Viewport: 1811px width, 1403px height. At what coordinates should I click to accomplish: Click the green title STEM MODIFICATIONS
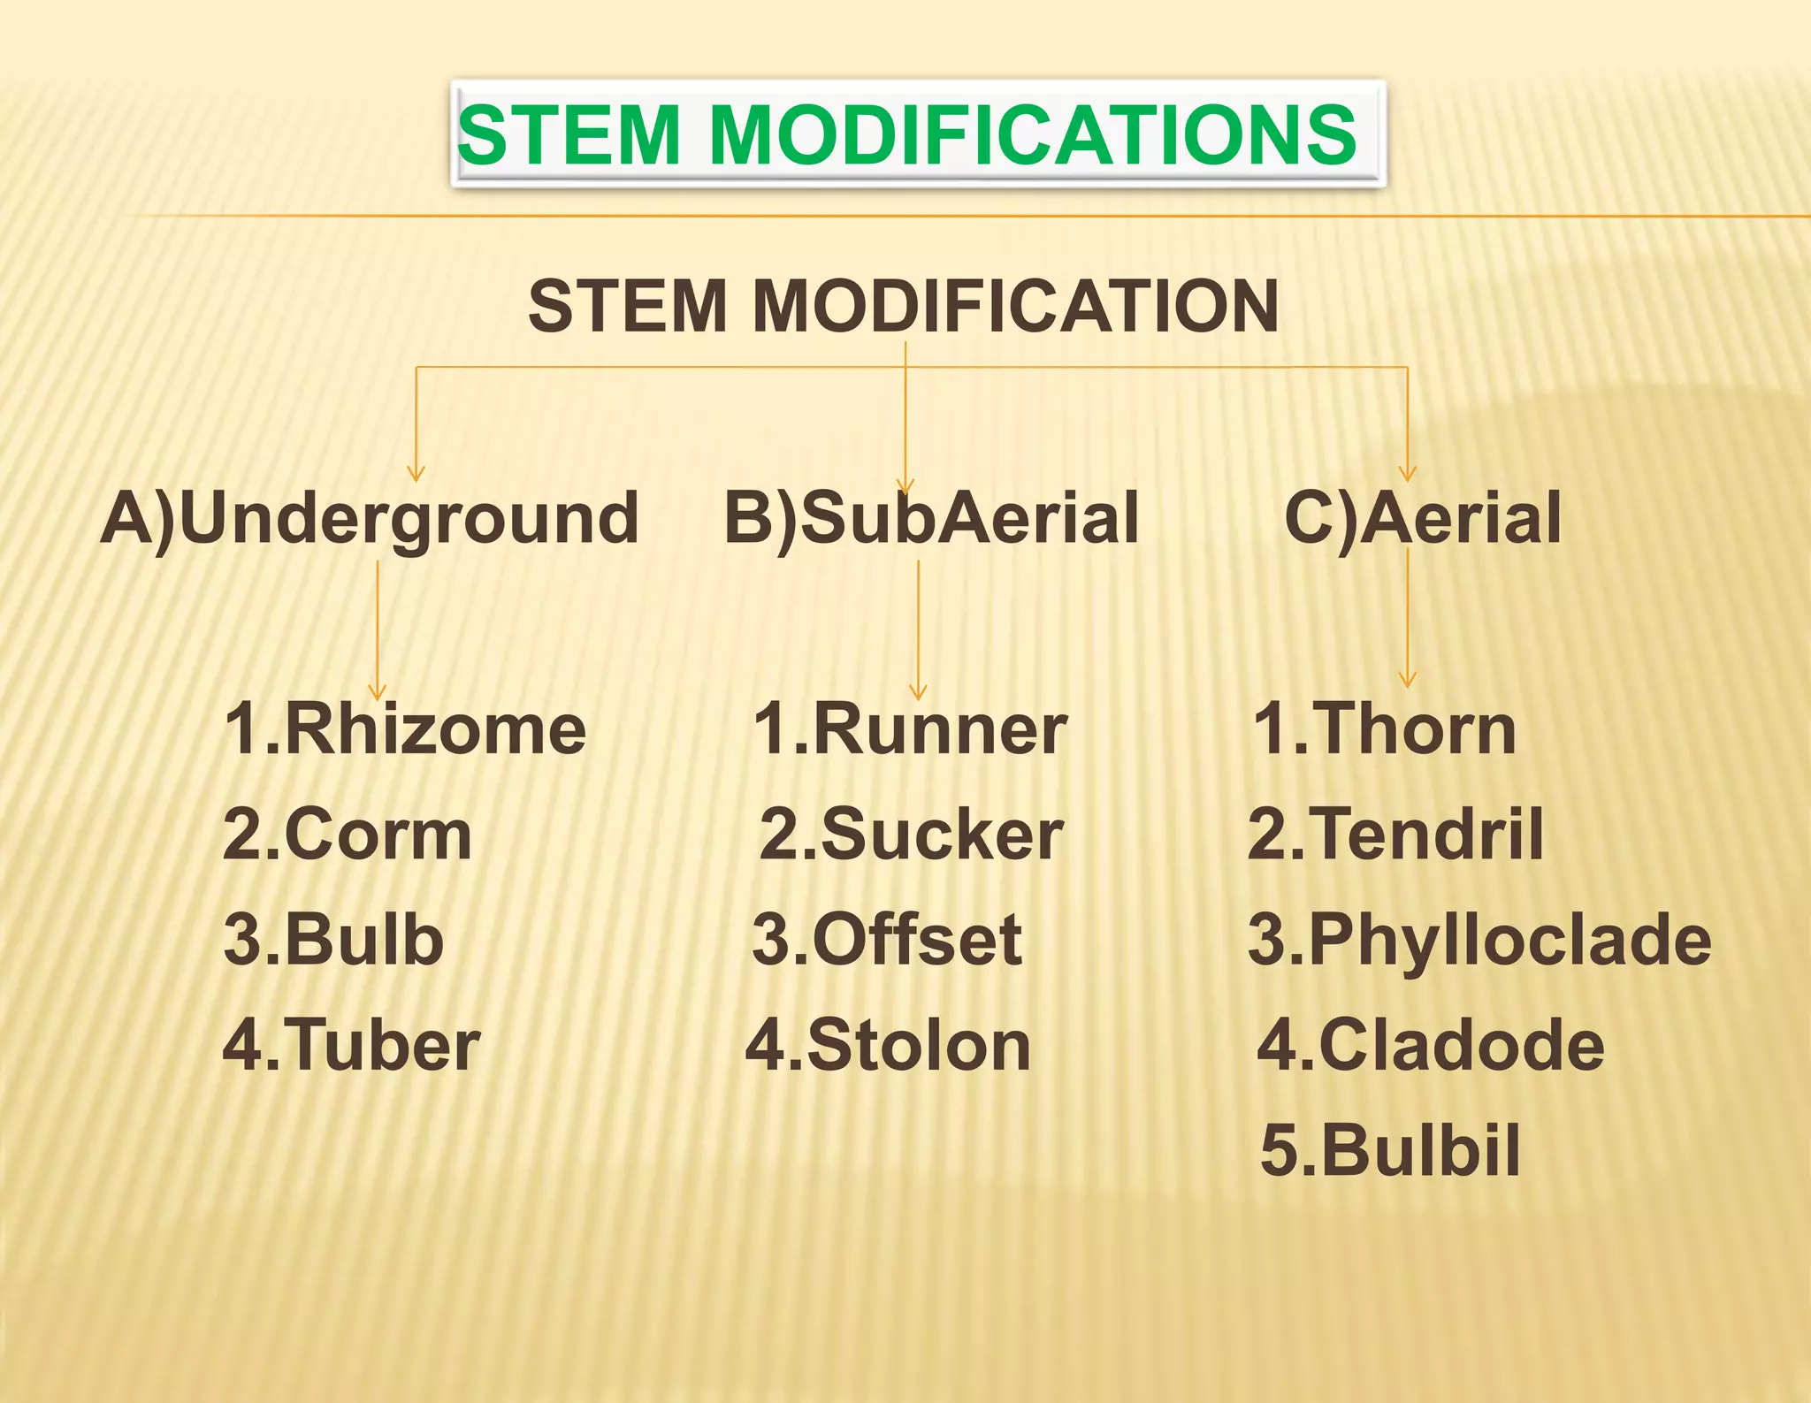tap(907, 134)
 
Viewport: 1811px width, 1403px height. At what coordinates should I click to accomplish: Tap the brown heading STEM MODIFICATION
tap(903, 306)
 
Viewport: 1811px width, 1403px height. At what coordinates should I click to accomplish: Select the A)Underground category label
tap(370, 519)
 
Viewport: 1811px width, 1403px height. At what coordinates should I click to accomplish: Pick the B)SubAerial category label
tap(931, 519)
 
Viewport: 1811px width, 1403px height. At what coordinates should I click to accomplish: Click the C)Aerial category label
tap(1422, 519)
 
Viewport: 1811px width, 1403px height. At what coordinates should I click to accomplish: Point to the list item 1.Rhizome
tap(405, 730)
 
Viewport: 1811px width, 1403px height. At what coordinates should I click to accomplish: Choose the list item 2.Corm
tap(348, 835)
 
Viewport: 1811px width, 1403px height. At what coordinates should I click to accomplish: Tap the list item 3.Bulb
tap(333, 940)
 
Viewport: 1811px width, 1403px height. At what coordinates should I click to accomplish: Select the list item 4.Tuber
tap(351, 1046)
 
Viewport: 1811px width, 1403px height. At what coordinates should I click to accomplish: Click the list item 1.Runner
tap(910, 730)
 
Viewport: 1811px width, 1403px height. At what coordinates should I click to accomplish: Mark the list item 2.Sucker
tap(911, 835)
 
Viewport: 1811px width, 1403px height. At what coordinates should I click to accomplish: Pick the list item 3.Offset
tap(887, 940)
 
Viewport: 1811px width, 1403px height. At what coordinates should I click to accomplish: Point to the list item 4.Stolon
tap(888, 1046)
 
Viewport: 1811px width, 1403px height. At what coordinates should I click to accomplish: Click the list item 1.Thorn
tap(1385, 730)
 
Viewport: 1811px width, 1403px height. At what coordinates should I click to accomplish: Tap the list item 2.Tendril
tap(1395, 835)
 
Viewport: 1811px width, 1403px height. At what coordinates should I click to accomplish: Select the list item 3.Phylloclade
tap(1479, 940)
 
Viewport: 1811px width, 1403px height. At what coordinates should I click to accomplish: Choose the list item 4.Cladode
tap(1431, 1046)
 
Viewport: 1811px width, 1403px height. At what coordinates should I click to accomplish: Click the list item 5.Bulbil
tap(1390, 1150)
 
